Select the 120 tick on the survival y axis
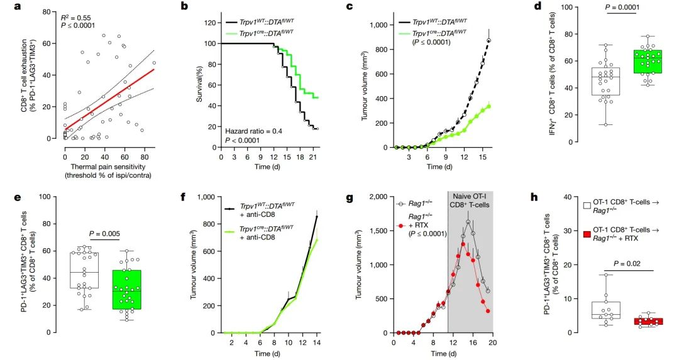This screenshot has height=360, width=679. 212,22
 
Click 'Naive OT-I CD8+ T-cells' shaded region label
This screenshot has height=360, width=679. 470,205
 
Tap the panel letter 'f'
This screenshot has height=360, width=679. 183,195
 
